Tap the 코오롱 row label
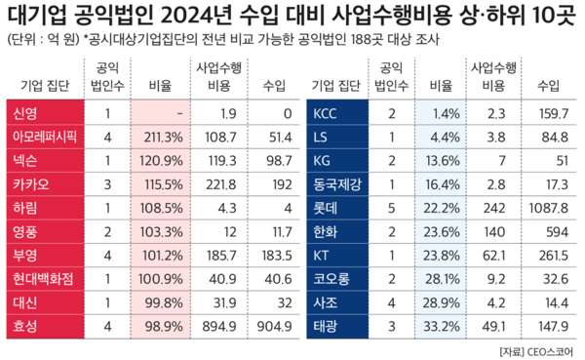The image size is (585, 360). [331, 278]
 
